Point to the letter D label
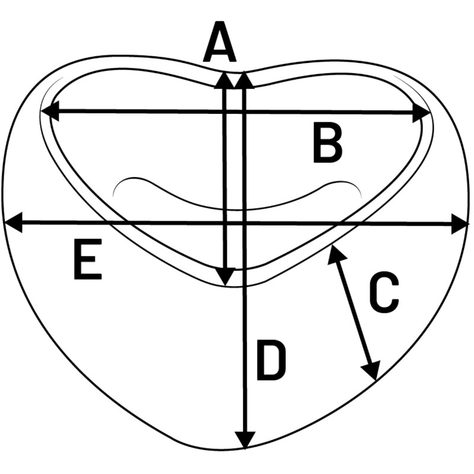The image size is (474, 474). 271,360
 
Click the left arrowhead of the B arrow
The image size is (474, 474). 49,111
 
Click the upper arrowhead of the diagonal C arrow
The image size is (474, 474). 334,253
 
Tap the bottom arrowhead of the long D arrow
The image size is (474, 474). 244,440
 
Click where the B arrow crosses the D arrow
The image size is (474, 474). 244,111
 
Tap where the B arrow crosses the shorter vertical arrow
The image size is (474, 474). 225,111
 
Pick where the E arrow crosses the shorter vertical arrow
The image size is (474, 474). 225,223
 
